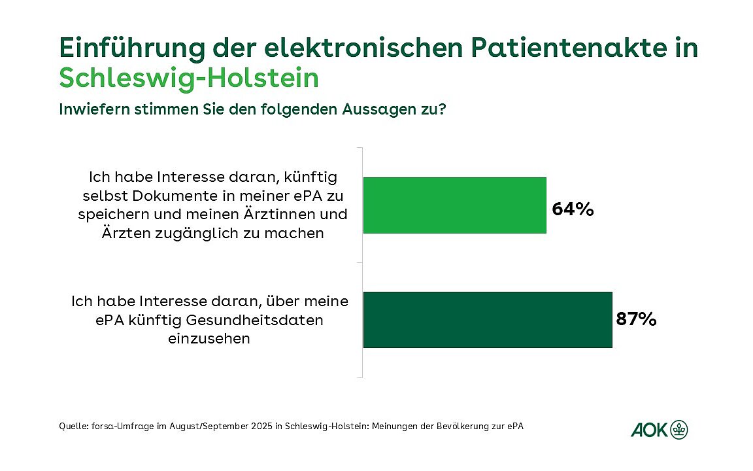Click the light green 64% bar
pos(454,205)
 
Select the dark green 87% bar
pos(487,319)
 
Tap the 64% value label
pos(573,209)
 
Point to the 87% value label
pos(635,319)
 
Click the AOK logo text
pos(649,430)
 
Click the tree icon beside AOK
pos(679,430)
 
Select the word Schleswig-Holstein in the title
pos(189,78)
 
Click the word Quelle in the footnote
pos(72,426)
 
